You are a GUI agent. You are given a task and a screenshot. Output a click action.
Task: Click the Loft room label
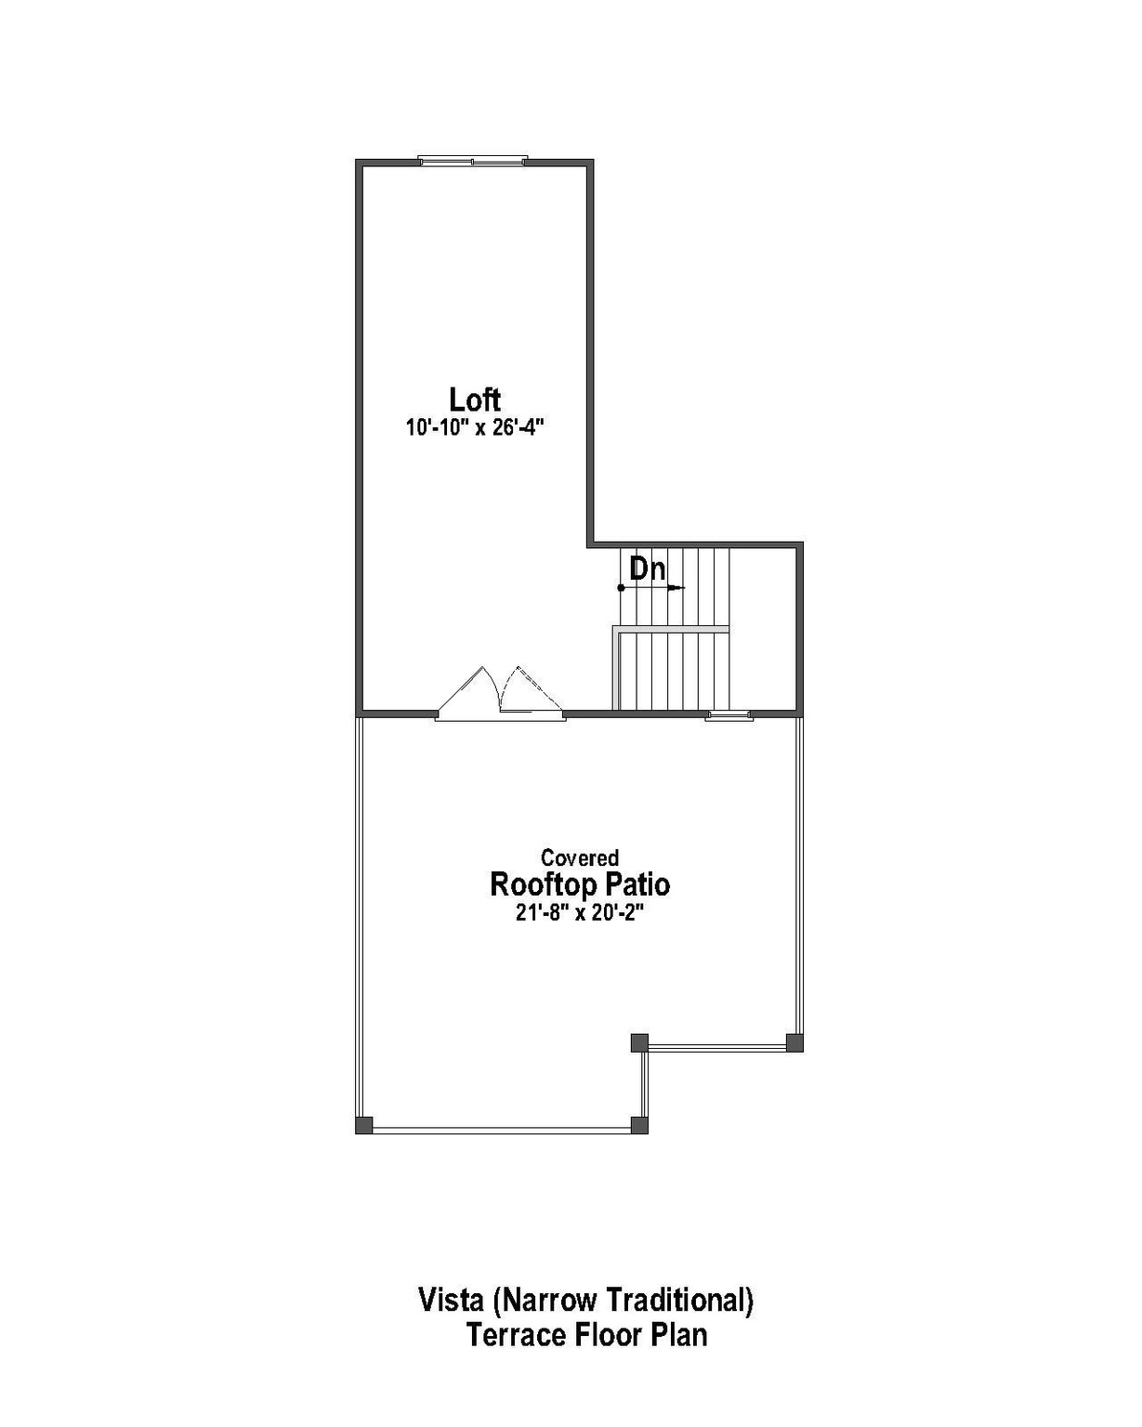click(x=475, y=399)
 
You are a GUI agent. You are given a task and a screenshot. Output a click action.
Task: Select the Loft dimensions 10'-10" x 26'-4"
click(x=474, y=427)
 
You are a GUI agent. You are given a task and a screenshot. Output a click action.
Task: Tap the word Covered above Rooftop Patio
click(x=580, y=858)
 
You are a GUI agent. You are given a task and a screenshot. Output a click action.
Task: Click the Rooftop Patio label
click(x=580, y=884)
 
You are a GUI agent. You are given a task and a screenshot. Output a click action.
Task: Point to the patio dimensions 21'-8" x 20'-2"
click(x=580, y=912)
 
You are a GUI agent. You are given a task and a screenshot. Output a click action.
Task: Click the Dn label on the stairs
click(x=648, y=568)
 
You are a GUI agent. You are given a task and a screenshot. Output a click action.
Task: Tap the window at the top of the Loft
click(x=473, y=161)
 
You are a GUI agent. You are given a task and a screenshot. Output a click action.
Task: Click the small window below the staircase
click(x=729, y=714)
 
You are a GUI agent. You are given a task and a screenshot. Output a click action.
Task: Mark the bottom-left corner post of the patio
click(x=364, y=1125)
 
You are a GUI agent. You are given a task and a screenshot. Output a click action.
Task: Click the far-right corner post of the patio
click(x=794, y=1042)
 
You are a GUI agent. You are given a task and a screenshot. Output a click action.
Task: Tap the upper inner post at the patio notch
click(x=639, y=1042)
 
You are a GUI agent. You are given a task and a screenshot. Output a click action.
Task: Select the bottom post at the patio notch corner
click(x=639, y=1125)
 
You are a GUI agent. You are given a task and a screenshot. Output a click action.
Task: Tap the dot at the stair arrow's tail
click(x=621, y=587)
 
